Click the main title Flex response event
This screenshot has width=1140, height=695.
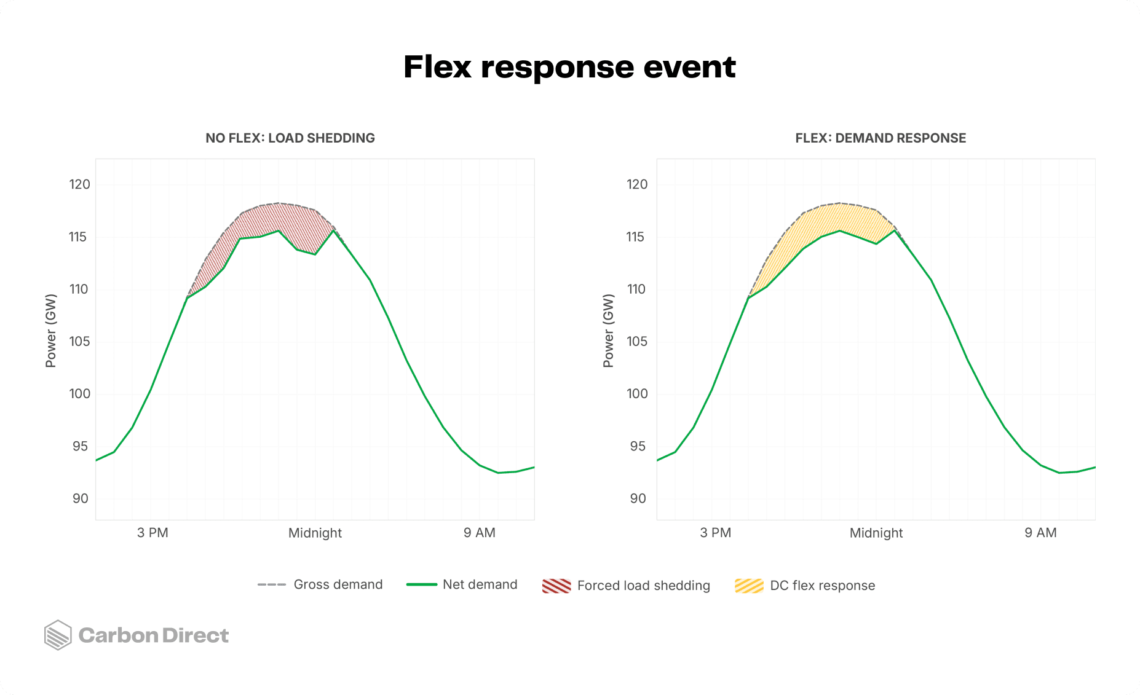569,66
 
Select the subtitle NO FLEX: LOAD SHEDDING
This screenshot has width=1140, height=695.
290,138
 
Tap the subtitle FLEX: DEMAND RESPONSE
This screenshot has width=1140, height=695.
881,138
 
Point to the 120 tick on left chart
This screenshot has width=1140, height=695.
79,184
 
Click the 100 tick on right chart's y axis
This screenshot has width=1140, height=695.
637,393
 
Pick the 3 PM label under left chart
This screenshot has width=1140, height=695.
152,533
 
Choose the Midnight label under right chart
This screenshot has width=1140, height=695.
876,533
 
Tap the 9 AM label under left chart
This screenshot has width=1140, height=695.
479,533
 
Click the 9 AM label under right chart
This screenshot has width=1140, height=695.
1040,533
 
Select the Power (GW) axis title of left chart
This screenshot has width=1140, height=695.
51,331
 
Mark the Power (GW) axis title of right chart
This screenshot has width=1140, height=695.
609,331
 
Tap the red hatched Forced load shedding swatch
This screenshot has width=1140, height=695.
556,586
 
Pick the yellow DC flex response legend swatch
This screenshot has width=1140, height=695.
749,586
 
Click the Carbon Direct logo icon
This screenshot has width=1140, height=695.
58,635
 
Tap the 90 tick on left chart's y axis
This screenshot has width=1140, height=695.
80,498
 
